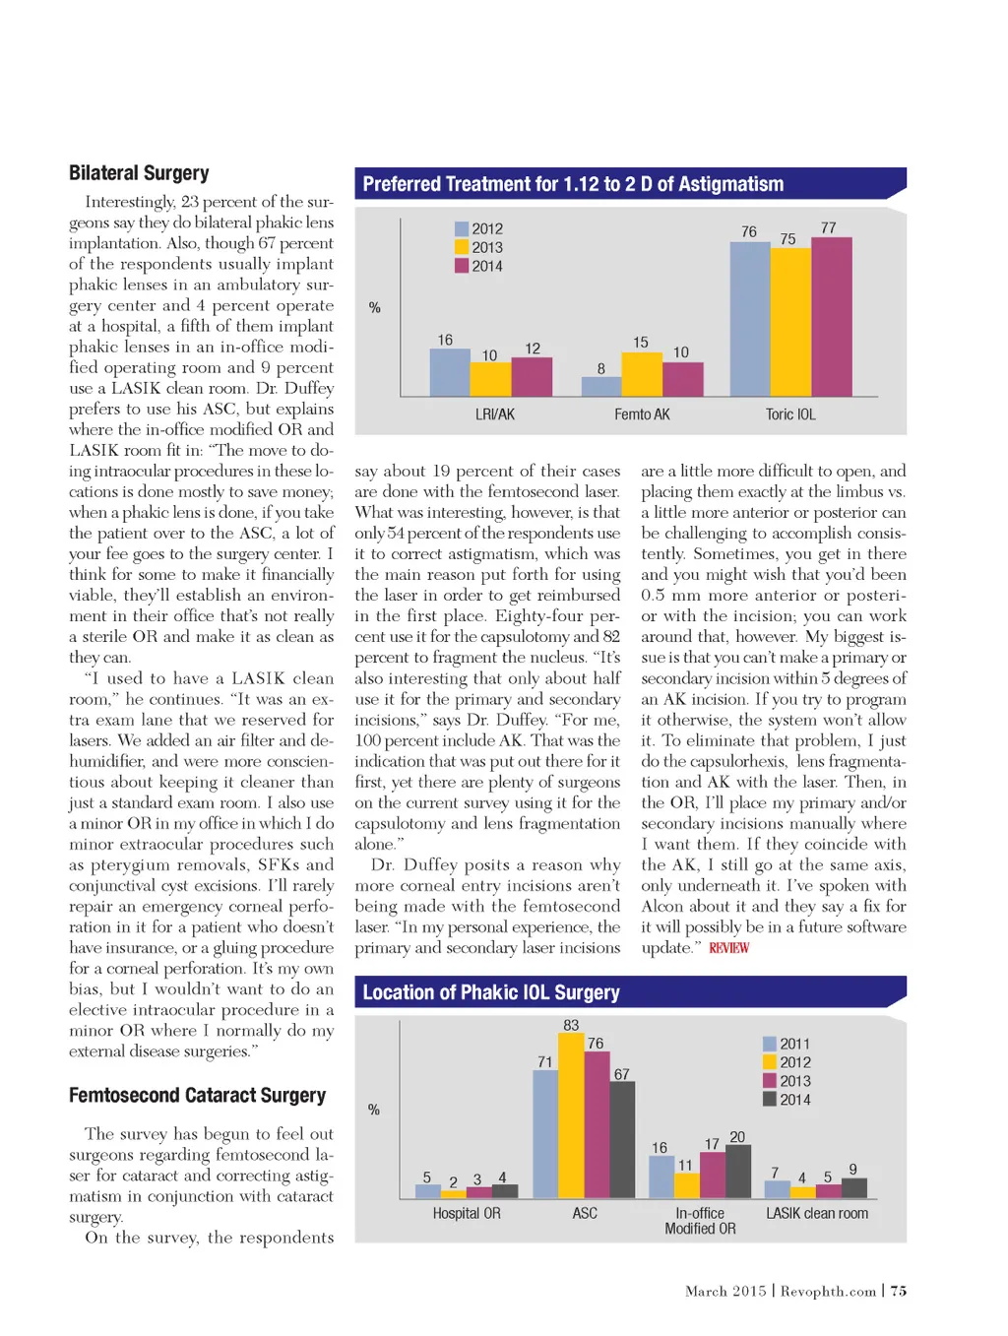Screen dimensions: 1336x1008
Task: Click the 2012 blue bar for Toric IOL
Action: [749, 318]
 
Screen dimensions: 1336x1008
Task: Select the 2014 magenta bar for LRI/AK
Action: [532, 376]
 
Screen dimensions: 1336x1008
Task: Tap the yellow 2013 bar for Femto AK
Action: [642, 373]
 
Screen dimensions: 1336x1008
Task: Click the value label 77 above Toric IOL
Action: [829, 227]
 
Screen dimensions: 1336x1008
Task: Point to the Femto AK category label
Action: [642, 414]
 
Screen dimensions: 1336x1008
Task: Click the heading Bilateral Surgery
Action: [139, 173]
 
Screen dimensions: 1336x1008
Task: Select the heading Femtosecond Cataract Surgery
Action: [197, 1095]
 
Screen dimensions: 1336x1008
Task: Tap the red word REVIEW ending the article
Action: [728, 947]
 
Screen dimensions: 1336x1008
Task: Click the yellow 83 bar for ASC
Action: [571, 1115]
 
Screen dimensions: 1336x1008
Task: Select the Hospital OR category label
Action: [467, 1213]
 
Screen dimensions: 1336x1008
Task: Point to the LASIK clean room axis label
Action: [817, 1213]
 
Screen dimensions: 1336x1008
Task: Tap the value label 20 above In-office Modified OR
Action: [737, 1137]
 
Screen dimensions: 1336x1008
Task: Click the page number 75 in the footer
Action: [899, 1291]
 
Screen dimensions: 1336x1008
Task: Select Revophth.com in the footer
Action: [828, 1291]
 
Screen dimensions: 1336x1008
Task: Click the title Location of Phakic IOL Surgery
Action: [491, 992]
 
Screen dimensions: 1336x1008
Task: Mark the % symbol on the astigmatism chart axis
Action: [374, 307]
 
